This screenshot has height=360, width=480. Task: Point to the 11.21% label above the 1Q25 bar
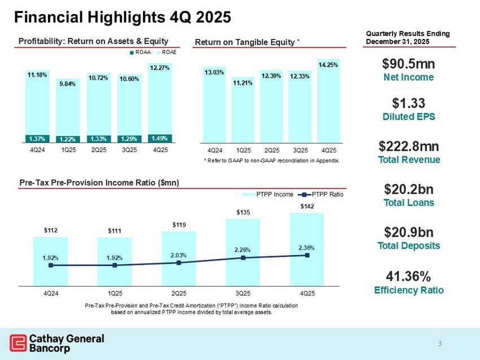pos(243,82)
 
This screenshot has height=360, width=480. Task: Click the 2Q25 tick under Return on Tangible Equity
pos(271,151)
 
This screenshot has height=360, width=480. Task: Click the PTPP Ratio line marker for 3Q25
pos(243,258)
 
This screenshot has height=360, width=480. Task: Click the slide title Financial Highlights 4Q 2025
pos(122,17)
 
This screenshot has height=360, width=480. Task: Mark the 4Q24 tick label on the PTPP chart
pos(51,294)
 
